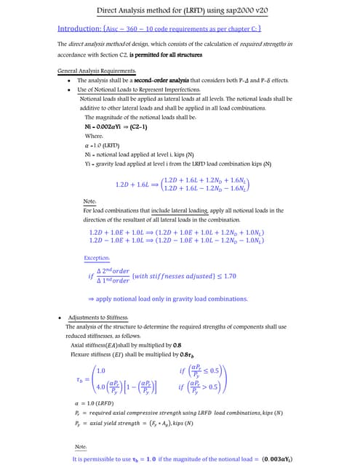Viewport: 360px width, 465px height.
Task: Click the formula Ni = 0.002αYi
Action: pyautogui.click(x=108, y=126)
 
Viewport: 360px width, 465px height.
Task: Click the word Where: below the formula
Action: pyautogui.click(x=94, y=136)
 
